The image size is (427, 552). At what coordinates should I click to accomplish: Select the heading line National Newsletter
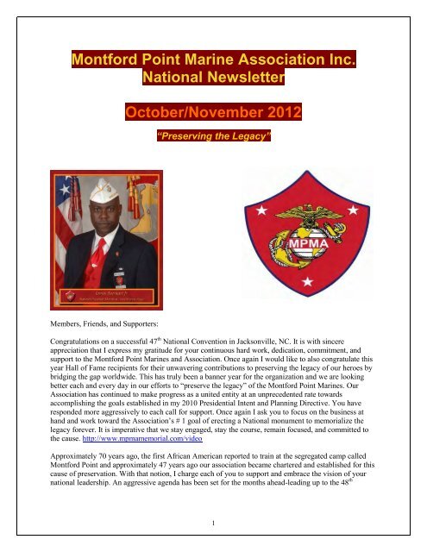(x=213, y=80)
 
